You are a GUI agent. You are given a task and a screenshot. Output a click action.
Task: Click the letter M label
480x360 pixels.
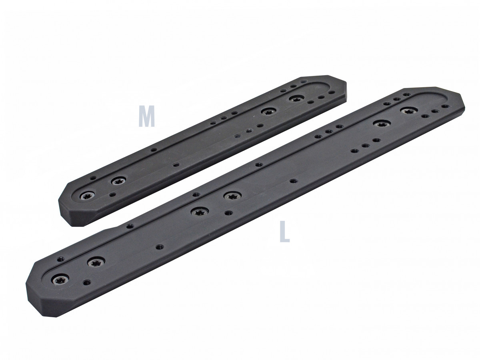pos(146,116)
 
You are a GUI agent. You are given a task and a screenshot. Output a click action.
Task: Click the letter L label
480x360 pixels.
pos(284,232)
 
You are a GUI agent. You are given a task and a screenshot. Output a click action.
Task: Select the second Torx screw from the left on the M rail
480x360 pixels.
pos(118,182)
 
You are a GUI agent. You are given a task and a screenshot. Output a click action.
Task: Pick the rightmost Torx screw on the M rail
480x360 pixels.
pos(296,98)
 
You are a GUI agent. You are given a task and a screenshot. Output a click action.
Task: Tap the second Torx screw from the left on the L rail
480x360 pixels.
pos(95,262)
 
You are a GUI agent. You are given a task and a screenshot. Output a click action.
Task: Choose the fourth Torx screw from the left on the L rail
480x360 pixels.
pos(232,196)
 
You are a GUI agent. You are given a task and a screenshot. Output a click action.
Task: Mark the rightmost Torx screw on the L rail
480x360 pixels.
pos(408,111)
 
